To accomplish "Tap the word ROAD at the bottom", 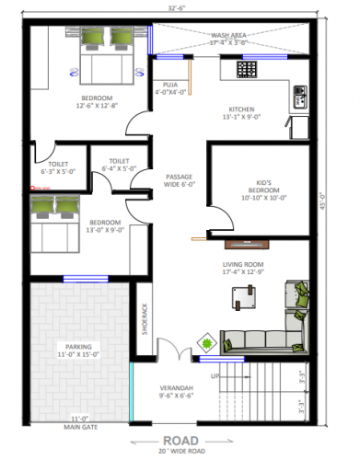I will [180, 441].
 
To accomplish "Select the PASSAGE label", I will [178, 178].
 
